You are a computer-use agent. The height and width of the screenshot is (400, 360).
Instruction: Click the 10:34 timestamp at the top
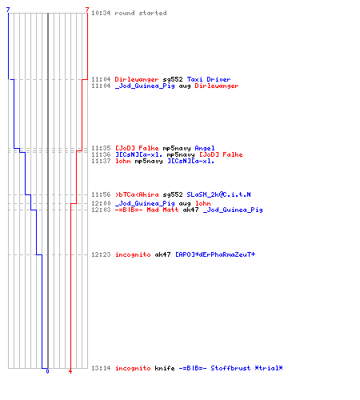pos(101,13)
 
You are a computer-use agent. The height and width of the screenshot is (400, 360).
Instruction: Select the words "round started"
pos(141,13)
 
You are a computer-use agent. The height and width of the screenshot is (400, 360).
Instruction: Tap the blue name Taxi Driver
pos(209,79)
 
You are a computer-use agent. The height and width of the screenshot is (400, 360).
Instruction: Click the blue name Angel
pos(205,148)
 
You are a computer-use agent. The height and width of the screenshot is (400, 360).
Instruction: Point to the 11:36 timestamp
pos(101,154)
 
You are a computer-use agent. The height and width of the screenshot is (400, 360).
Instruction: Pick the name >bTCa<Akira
pos(137,194)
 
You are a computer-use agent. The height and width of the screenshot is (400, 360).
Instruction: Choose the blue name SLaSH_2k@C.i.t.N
pos(218,194)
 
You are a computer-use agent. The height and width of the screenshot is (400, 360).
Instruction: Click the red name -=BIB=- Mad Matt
pos(146,210)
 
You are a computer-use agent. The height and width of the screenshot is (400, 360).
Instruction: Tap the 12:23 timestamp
pos(101,254)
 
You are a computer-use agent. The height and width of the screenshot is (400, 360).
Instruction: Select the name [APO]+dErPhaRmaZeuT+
pos(215,254)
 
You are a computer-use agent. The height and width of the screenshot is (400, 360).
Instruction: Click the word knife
pos(165,368)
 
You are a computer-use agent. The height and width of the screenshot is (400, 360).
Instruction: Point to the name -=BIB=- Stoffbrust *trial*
pos(230,368)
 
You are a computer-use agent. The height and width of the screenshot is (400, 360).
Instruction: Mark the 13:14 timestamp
pos(101,368)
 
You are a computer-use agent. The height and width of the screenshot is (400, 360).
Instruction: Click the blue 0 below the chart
pos(47,371)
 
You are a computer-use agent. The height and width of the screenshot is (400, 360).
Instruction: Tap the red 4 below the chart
pos(70,371)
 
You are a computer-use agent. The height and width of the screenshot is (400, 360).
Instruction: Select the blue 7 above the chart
pos(8,10)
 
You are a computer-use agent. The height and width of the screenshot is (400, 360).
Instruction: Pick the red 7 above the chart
pos(87,10)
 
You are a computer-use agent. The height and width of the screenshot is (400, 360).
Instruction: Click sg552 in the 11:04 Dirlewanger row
pos(173,79)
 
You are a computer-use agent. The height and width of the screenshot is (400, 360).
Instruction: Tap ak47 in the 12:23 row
pos(162,254)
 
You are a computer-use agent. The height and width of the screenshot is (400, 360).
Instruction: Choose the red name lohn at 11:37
pos(123,161)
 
